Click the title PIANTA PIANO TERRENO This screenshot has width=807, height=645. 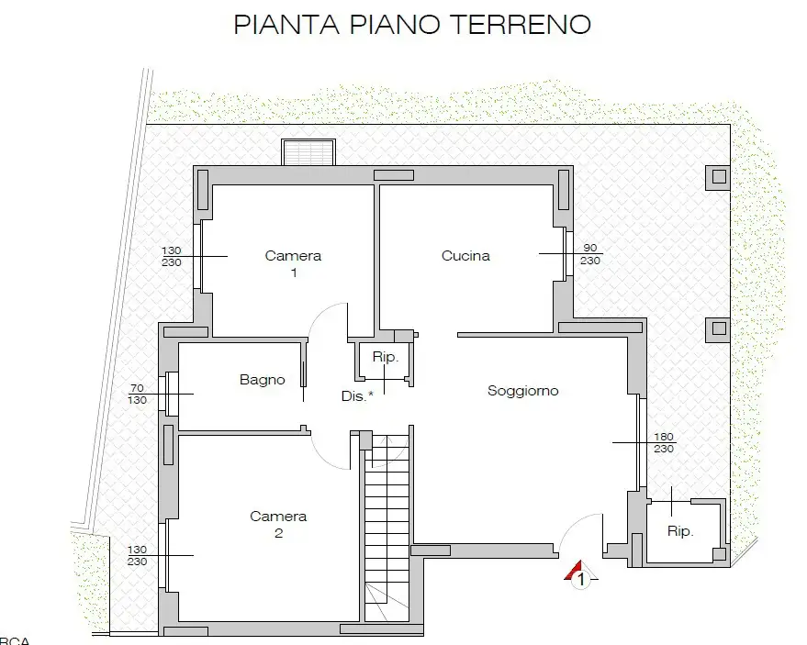click(x=412, y=24)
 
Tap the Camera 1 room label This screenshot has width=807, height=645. click(x=293, y=263)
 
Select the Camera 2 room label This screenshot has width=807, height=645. click(x=278, y=524)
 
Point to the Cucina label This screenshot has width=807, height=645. click(x=465, y=256)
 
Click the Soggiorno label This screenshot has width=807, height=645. click(x=522, y=391)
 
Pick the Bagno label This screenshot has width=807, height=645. click(x=262, y=379)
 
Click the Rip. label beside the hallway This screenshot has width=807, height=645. click(x=385, y=358)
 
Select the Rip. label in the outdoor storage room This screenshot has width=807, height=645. click(x=679, y=531)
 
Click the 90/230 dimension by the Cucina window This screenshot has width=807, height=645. click(x=590, y=254)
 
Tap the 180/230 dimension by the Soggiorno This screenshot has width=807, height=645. click(x=663, y=442)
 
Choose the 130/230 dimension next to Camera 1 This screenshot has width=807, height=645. click(x=171, y=256)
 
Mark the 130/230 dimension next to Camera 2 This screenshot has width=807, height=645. click(x=137, y=555)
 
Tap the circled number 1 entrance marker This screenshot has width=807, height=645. click(x=580, y=579)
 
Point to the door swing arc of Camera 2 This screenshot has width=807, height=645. click(x=327, y=452)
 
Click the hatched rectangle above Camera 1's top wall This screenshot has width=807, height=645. click(x=309, y=151)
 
